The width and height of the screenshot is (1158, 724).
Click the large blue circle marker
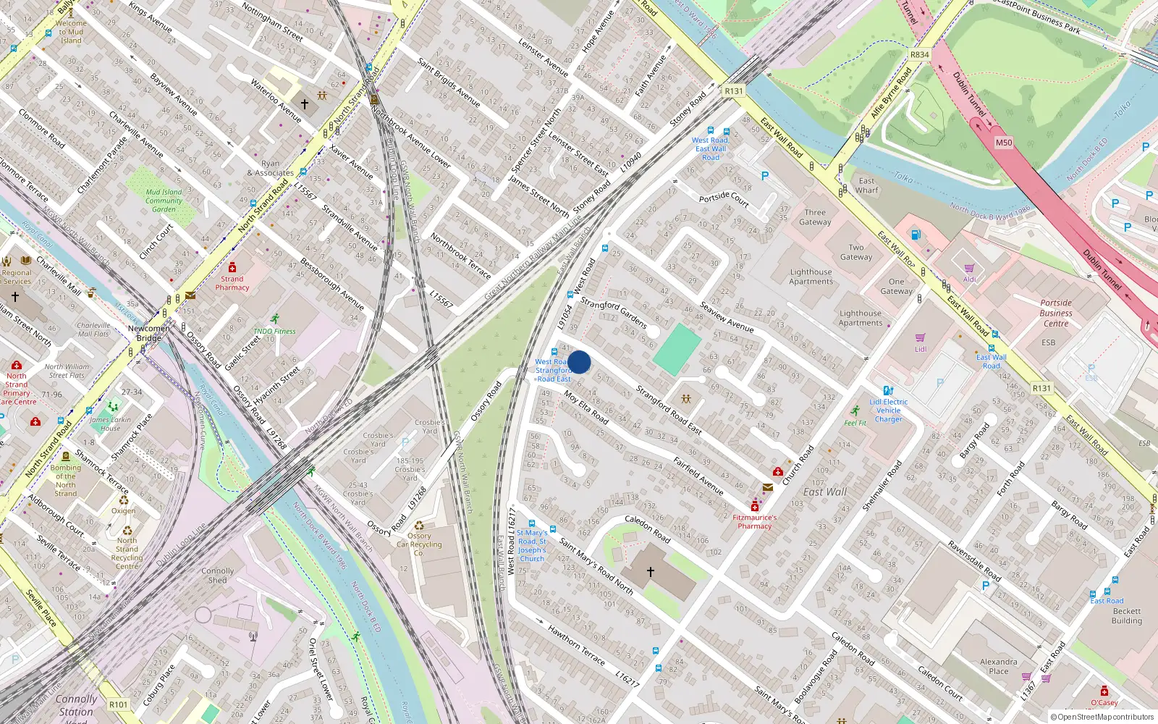tap(579, 362)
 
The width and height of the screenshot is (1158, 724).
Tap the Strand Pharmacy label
tap(232, 283)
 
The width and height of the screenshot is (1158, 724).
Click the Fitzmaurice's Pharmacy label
tap(754, 521)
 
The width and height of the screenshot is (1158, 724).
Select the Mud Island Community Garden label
tap(164, 201)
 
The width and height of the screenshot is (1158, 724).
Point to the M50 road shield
tap(1004, 143)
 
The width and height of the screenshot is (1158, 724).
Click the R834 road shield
tap(919, 55)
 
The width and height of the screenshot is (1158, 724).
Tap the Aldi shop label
tap(969, 279)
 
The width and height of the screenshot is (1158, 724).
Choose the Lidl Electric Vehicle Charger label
tap(889, 411)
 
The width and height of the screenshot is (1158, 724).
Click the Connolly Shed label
tap(218, 576)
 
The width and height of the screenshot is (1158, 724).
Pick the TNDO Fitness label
tap(274, 331)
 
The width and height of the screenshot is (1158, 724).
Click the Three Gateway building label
tap(815, 217)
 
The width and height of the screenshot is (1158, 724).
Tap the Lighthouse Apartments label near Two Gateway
tap(811, 277)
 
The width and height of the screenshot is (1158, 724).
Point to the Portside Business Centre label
tap(1056, 313)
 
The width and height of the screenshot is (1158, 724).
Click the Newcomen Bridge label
tap(149, 333)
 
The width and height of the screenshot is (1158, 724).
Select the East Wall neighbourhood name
tap(824, 492)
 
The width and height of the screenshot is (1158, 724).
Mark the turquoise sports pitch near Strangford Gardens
tap(677, 350)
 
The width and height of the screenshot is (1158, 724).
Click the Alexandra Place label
tap(998, 666)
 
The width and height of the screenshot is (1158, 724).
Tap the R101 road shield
tap(118, 704)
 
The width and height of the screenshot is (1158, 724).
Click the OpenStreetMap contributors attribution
tap(1102, 717)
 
